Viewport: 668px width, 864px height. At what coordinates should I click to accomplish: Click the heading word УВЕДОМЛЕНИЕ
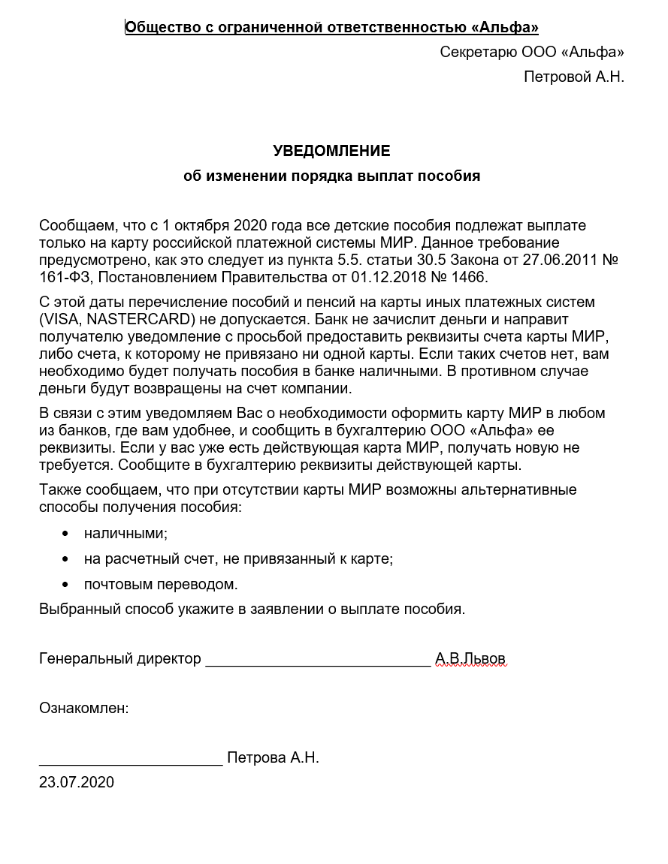click(x=331, y=151)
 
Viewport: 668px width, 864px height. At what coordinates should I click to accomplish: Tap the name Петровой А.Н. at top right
click(x=573, y=77)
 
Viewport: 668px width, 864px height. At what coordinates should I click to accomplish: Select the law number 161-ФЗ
click(x=65, y=278)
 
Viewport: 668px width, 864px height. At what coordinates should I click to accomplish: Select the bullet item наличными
click(x=125, y=533)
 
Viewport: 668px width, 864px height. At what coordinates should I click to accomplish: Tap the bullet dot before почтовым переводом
click(x=65, y=584)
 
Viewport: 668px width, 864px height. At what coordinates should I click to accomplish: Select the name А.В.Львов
click(x=470, y=659)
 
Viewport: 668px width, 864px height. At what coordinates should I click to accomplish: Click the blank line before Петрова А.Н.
click(x=131, y=760)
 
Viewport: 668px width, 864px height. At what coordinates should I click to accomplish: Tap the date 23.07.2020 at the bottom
click(x=77, y=782)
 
